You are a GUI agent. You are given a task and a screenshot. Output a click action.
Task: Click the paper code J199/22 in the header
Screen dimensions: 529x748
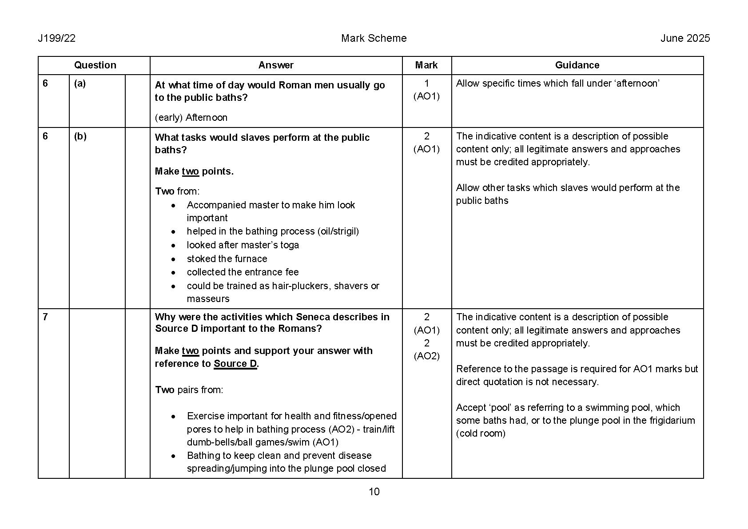[x=56, y=38]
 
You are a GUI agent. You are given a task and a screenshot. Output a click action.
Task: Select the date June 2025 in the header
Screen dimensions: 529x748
[x=685, y=38]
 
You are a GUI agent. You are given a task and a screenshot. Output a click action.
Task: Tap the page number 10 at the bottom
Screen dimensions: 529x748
[x=374, y=492]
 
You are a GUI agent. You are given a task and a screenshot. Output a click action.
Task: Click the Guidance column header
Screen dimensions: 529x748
[x=577, y=65]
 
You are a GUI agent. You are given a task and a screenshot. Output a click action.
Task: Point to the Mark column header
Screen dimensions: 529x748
[x=426, y=65]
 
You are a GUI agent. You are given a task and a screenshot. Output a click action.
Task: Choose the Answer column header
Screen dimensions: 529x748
[x=276, y=65]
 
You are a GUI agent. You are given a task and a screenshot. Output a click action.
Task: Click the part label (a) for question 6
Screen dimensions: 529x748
[x=80, y=84]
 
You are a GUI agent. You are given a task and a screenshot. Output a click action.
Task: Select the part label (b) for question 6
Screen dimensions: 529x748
[x=80, y=136]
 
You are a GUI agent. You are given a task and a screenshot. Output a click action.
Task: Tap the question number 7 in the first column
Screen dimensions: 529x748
[x=45, y=317]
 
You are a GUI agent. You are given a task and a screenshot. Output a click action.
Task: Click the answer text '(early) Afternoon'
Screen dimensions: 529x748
[x=191, y=118]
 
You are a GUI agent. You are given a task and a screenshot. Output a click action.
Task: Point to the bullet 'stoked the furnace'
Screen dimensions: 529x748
[x=227, y=259]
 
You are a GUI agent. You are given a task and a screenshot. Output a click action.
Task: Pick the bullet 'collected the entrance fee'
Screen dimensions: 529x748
[x=243, y=272]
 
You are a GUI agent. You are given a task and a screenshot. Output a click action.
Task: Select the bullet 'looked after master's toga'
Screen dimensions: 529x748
[x=243, y=245]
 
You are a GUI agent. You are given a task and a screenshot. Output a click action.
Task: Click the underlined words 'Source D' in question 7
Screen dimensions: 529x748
[x=235, y=364]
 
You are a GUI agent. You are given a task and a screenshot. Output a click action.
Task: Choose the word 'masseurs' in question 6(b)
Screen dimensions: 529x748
[x=208, y=299]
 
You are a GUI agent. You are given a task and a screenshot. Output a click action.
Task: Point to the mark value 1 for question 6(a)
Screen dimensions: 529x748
[x=427, y=84]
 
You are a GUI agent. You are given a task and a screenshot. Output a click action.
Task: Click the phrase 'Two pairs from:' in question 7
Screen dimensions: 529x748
[x=189, y=390]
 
